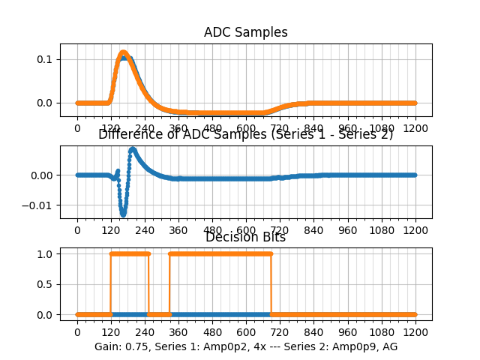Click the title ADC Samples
click(245, 32)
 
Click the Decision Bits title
click(245, 238)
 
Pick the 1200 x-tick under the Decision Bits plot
click(415, 331)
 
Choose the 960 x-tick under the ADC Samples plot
click(347, 128)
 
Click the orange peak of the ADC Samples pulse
click(123, 52)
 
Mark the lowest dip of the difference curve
click(123, 214)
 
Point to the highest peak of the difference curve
click(133, 149)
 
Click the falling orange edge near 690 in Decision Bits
click(271, 284)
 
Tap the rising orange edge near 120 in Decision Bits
click(110, 284)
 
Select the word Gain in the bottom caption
click(107, 346)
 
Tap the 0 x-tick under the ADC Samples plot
click(76, 128)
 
